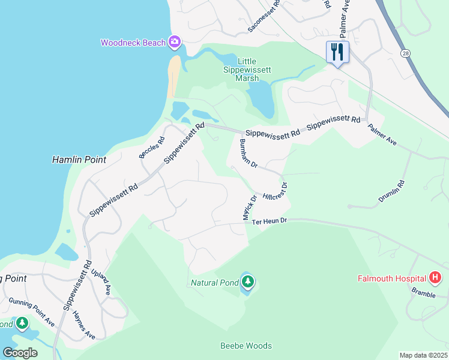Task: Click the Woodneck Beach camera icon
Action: click(175, 42)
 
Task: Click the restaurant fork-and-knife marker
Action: click(337, 52)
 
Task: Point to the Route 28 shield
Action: click(406, 53)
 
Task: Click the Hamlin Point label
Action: click(79, 160)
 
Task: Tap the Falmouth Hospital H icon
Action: click(435, 278)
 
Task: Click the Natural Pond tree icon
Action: click(247, 281)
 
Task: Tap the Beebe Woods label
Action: click(246, 346)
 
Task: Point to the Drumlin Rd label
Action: click(392, 192)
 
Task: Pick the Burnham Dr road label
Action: click(248, 154)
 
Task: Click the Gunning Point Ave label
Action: click(32, 311)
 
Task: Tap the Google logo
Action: click(20, 353)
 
